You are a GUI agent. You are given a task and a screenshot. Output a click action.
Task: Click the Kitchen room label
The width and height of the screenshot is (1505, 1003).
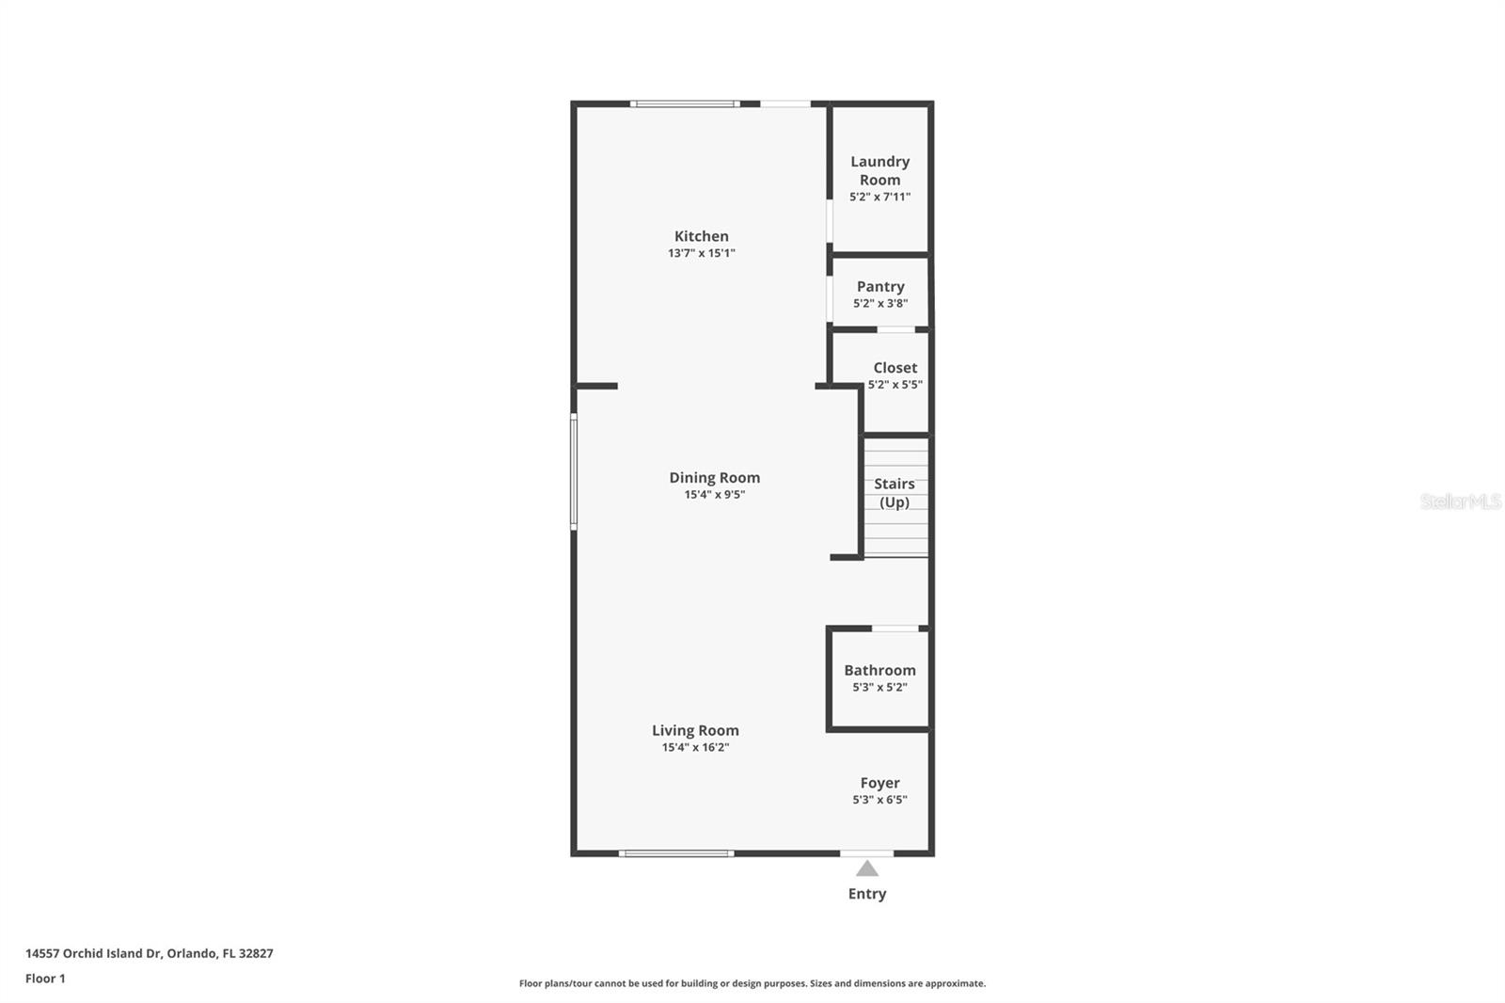pyautogui.click(x=701, y=236)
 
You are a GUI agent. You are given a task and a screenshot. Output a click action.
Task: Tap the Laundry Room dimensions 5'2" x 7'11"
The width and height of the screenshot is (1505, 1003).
pyautogui.click(x=879, y=197)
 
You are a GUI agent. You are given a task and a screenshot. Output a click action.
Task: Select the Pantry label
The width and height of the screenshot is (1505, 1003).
pyautogui.click(x=880, y=286)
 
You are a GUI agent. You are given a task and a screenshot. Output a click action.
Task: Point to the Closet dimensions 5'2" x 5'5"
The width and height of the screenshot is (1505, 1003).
pyautogui.click(x=895, y=384)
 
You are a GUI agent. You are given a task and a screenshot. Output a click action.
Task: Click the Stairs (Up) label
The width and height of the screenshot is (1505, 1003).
pyautogui.click(x=895, y=493)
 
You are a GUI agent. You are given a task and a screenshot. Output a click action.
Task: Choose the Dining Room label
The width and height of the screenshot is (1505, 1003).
pyautogui.click(x=714, y=477)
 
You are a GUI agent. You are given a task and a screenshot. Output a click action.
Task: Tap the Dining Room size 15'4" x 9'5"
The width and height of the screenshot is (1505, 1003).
pyautogui.click(x=714, y=495)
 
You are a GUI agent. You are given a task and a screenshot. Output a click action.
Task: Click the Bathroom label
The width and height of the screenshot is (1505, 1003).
pyautogui.click(x=879, y=670)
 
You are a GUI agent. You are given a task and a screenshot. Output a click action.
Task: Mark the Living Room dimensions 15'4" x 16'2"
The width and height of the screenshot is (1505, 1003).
pyautogui.click(x=695, y=747)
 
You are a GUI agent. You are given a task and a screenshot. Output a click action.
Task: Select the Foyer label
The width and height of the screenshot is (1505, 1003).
pyautogui.click(x=879, y=783)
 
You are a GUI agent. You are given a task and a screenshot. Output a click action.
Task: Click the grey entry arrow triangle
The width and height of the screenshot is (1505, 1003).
pyautogui.click(x=866, y=869)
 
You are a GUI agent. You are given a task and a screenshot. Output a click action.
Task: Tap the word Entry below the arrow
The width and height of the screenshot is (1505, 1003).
pyautogui.click(x=866, y=894)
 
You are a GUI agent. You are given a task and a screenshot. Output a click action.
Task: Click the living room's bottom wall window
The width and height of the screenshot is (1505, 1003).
pyautogui.click(x=676, y=853)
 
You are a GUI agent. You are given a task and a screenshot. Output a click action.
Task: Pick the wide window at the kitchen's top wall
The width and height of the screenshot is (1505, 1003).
pyautogui.click(x=684, y=103)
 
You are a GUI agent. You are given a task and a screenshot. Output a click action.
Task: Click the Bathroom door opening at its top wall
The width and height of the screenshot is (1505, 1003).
pyautogui.click(x=895, y=628)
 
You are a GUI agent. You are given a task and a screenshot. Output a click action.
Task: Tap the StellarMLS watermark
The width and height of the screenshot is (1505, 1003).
pyautogui.click(x=1460, y=501)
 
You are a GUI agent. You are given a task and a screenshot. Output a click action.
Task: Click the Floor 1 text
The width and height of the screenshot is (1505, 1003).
pyautogui.click(x=45, y=979)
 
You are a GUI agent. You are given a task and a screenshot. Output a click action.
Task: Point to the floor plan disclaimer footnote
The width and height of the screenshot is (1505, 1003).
pyautogui.click(x=752, y=983)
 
